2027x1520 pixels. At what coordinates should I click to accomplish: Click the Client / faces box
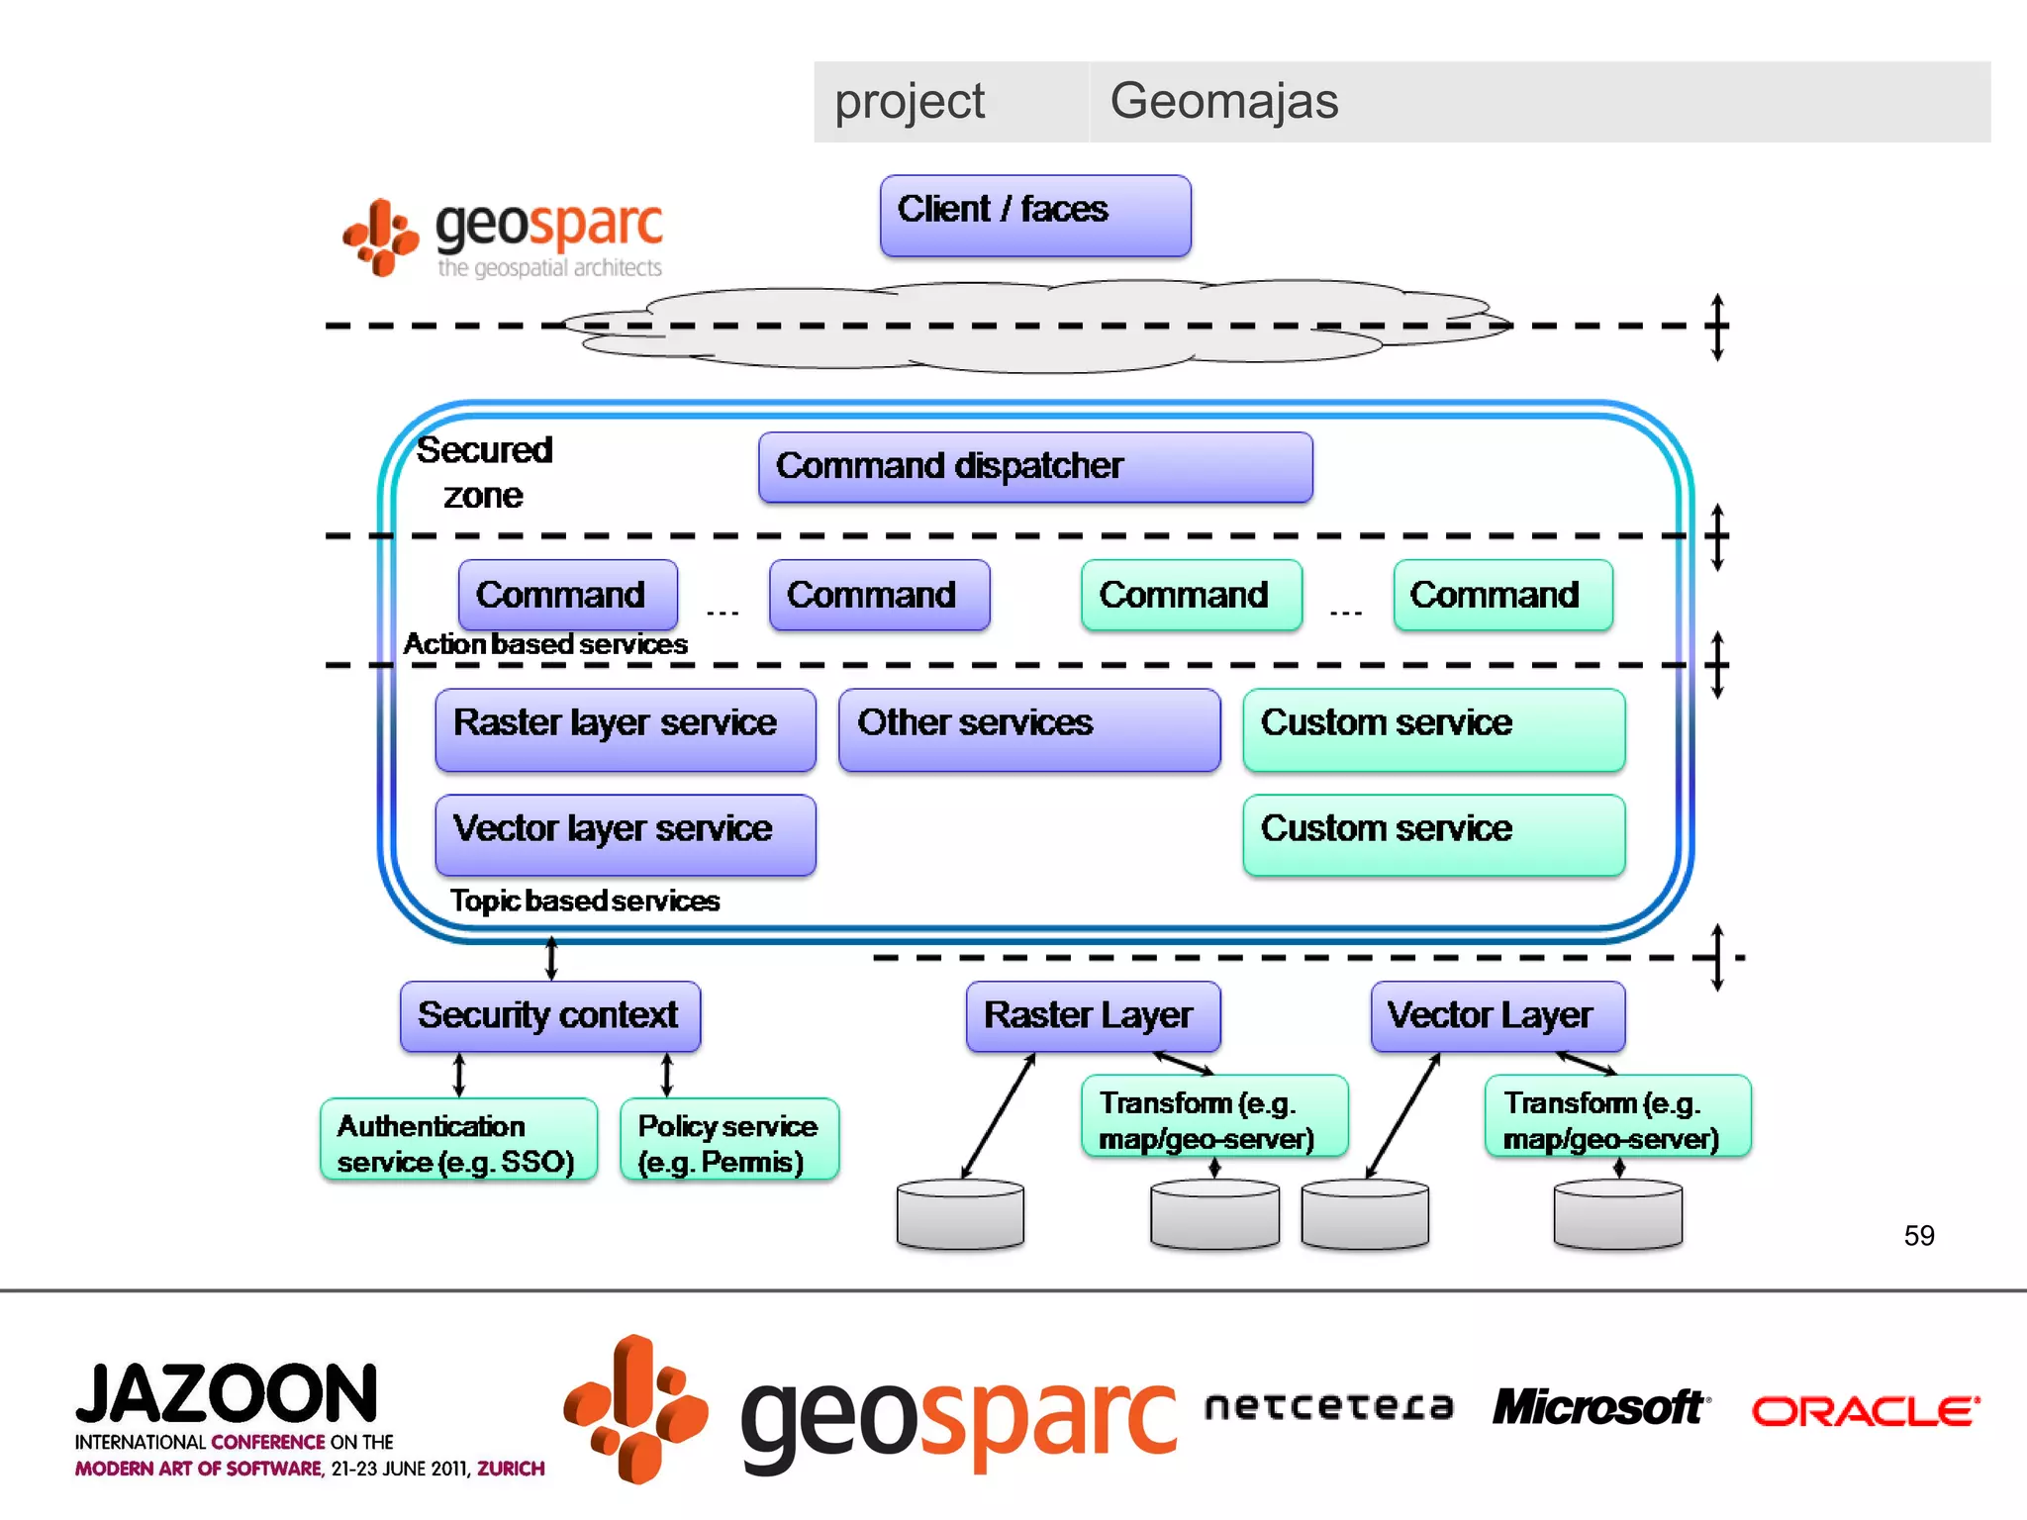[x=1034, y=216]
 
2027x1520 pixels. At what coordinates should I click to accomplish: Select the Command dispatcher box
[x=1034, y=467]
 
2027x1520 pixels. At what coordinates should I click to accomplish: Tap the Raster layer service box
[x=625, y=729]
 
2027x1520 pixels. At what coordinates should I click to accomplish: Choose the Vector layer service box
[x=625, y=834]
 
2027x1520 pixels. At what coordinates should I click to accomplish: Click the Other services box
[x=1028, y=729]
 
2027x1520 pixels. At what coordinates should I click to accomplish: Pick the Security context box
[x=549, y=1016]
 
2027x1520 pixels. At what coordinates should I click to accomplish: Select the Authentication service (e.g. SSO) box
[x=458, y=1139]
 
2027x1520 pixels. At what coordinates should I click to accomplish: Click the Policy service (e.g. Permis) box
[x=729, y=1139]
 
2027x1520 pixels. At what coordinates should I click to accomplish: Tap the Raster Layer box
[x=1093, y=1016]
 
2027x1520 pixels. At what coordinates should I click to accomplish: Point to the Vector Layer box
[x=1496, y=1016]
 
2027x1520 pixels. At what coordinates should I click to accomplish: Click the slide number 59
[x=1918, y=1235]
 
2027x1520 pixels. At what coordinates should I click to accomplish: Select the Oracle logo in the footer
[x=1866, y=1411]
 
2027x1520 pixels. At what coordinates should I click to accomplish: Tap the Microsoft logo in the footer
[x=1600, y=1407]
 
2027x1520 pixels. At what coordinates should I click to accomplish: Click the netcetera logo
[x=1328, y=1406]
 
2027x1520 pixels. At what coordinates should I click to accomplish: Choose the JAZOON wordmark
[x=227, y=1394]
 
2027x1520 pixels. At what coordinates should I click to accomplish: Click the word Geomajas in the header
[x=1223, y=101]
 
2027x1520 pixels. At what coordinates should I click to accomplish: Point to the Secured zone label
[x=483, y=472]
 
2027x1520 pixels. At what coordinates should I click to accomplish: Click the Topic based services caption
[x=584, y=901]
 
